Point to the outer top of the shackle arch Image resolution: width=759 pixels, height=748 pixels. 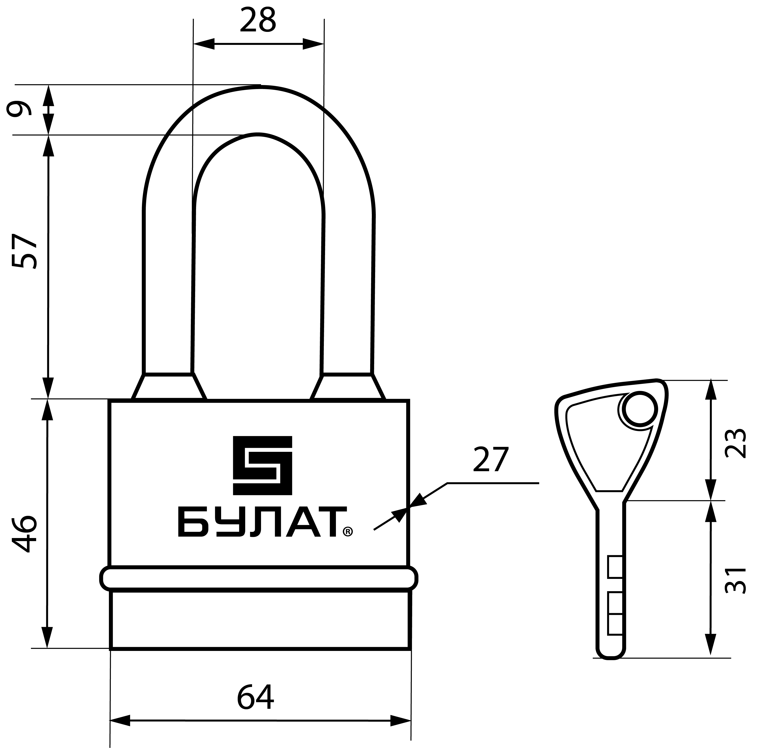pos(259,86)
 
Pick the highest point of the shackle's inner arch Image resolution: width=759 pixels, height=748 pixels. pos(258,135)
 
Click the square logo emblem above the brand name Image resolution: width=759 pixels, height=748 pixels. pos(262,465)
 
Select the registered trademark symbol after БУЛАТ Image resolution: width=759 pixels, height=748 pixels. pos(348,532)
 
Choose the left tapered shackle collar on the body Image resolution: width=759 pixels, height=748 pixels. pos(169,387)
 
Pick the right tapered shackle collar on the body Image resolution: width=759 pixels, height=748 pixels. pos(348,387)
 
